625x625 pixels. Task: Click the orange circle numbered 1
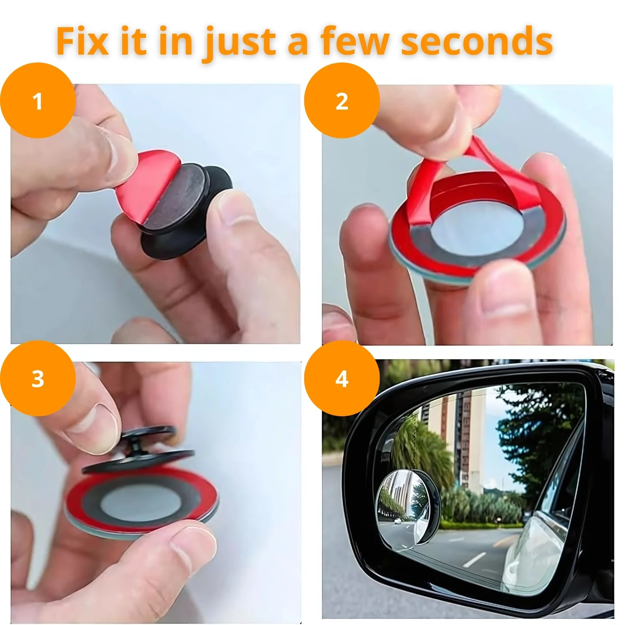(38, 100)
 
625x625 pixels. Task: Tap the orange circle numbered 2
(342, 100)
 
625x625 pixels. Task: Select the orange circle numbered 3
(38, 379)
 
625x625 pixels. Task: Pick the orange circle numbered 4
(342, 379)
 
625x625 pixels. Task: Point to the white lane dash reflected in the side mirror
(471, 560)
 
